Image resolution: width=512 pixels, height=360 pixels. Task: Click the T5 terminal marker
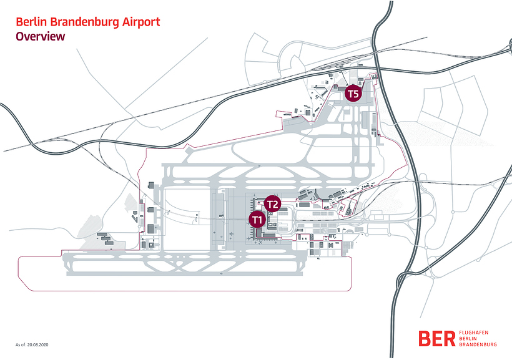pyautogui.click(x=353, y=94)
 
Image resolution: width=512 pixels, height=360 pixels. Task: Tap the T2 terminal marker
pyautogui.click(x=273, y=204)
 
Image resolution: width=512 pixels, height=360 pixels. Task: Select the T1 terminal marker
pyautogui.click(x=257, y=219)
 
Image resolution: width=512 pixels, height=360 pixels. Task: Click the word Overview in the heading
pyautogui.click(x=41, y=36)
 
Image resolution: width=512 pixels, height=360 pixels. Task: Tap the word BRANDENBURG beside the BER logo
pyautogui.click(x=478, y=344)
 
